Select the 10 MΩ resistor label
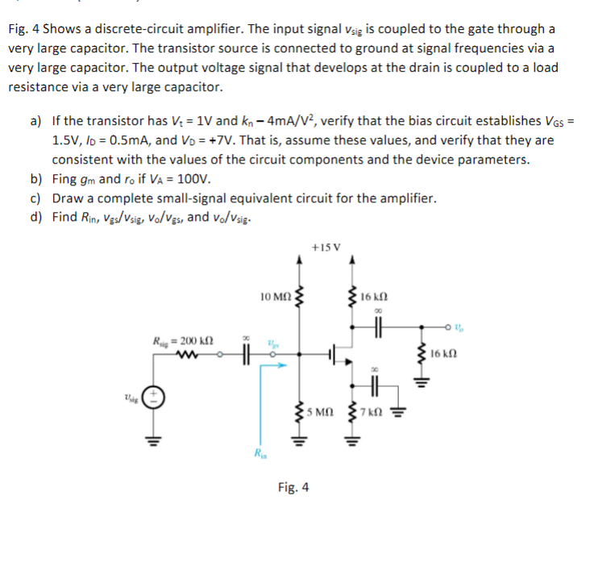point(276,297)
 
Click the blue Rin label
point(258,453)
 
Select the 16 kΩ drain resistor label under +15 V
point(376,298)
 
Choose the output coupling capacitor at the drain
point(376,327)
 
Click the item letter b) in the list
point(36,179)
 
